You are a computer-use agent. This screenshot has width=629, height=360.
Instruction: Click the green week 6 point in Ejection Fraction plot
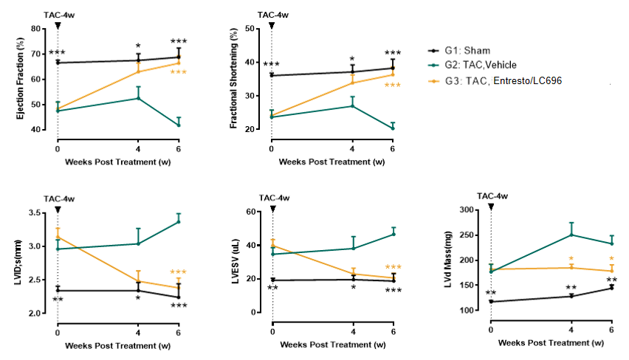(179, 125)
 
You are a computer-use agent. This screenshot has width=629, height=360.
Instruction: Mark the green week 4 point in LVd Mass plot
(571, 235)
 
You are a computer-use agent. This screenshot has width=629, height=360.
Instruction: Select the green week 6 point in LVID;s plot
(179, 221)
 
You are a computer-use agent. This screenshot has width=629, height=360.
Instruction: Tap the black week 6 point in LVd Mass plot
(611, 288)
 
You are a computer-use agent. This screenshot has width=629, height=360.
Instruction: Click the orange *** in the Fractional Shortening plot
(393, 86)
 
